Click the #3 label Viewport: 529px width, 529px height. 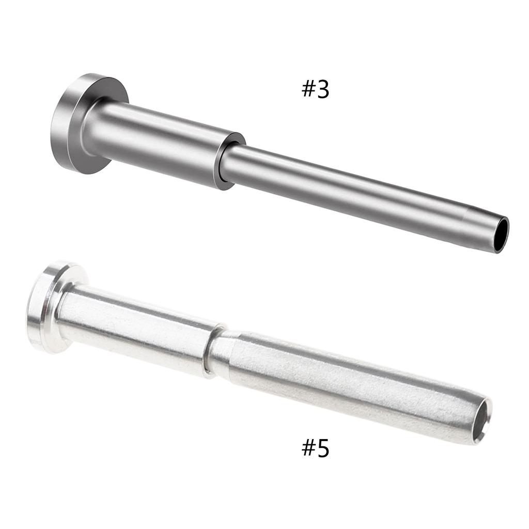coord(315,89)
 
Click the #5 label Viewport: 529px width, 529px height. coord(315,448)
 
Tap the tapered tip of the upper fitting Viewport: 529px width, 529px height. coord(478,227)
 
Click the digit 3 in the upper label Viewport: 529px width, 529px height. coord(322,89)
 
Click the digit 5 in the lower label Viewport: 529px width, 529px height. coord(322,448)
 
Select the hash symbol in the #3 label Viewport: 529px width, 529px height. coord(308,89)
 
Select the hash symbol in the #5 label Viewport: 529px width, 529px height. coord(308,448)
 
